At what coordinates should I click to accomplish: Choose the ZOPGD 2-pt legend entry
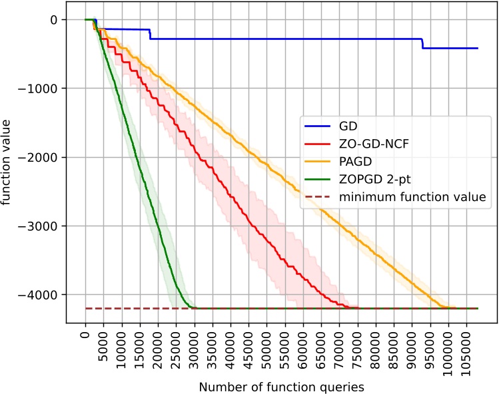click(x=369, y=178)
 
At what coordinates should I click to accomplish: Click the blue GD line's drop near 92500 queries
click(x=422, y=43)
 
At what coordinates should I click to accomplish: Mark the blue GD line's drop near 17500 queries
click(x=150, y=34)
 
